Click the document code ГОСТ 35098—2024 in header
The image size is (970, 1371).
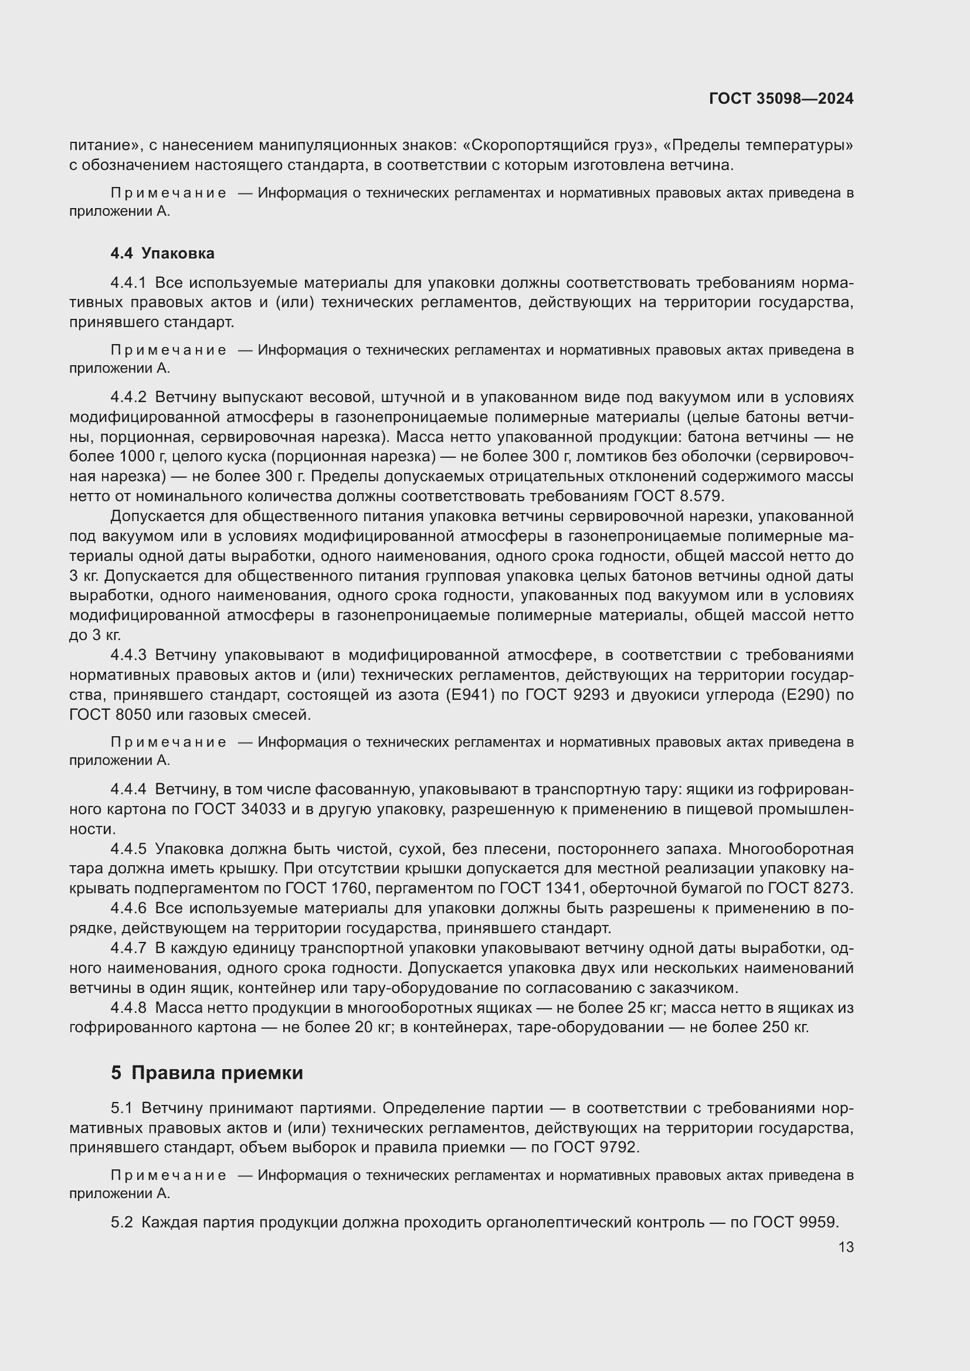(781, 99)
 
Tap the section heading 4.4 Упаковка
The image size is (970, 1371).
(162, 253)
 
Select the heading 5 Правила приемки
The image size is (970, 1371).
(206, 1073)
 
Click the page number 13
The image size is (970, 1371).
(846, 1247)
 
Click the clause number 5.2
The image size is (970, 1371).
(121, 1222)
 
